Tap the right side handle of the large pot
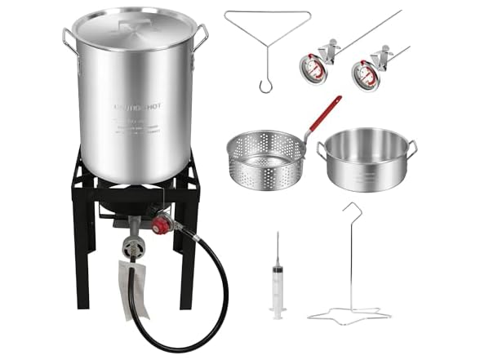point(201,36)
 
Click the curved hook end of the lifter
point(263,84)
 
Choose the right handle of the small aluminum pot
point(412,147)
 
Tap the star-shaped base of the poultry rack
point(350,315)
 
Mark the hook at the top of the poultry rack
point(352,210)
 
